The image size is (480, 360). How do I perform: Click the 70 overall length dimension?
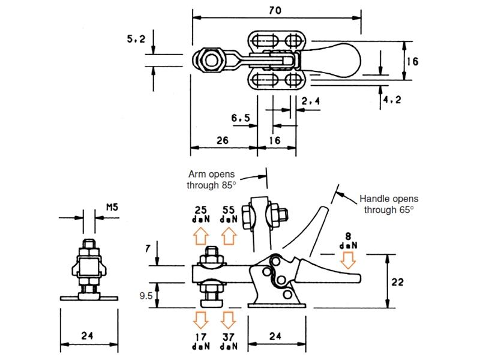277,10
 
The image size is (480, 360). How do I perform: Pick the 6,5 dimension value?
240,118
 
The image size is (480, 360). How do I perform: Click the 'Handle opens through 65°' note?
389,204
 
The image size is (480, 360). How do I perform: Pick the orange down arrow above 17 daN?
200,318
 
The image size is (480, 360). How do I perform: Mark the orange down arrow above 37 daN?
229,318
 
